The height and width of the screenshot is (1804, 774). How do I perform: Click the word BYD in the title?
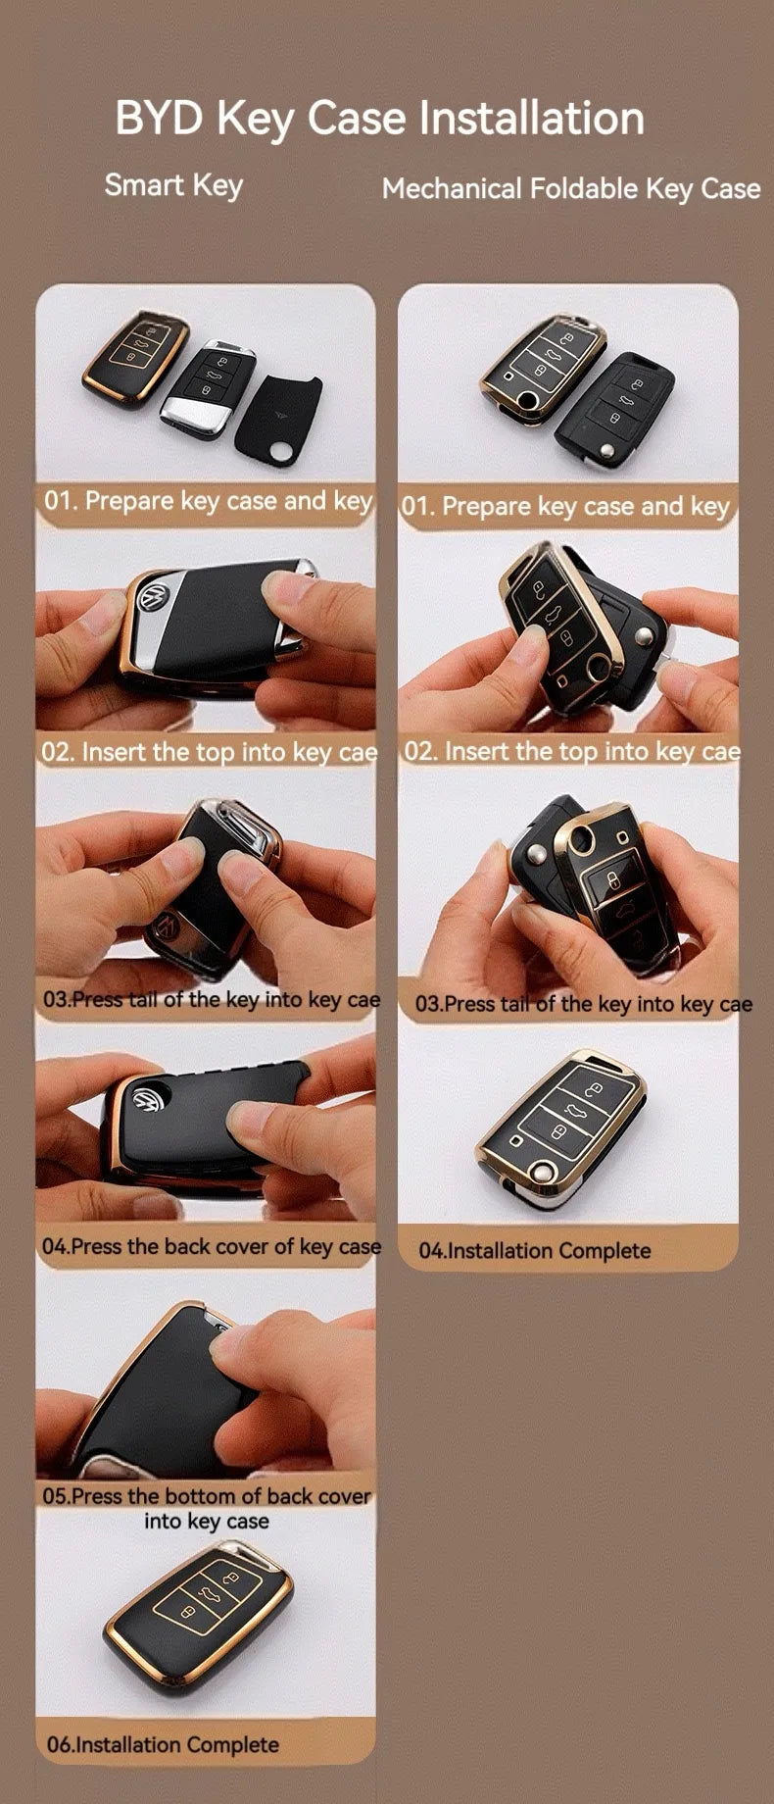[x=160, y=118]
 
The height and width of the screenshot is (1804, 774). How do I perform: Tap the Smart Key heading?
[x=173, y=184]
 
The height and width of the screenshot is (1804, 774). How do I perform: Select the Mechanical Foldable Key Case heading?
[x=571, y=188]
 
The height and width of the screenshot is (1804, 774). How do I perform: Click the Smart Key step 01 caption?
[x=209, y=501]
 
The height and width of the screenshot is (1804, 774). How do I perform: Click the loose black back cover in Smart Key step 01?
[x=278, y=417]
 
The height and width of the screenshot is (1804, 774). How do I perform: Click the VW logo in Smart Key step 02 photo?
[x=155, y=598]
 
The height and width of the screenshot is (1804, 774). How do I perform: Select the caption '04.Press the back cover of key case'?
[x=211, y=1246]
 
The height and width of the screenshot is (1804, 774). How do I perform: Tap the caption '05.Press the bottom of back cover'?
[x=208, y=1496]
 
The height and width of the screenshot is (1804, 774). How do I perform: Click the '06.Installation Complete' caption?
[x=163, y=1744]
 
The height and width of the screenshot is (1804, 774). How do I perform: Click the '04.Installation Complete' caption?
[x=535, y=1250]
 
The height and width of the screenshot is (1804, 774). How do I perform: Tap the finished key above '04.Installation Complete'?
[x=562, y=1127]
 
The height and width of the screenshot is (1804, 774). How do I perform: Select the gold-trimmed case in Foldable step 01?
[x=542, y=367]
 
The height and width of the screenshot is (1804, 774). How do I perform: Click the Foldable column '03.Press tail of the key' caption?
[x=584, y=1004]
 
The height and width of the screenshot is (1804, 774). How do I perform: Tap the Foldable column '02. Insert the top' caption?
[x=572, y=752]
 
